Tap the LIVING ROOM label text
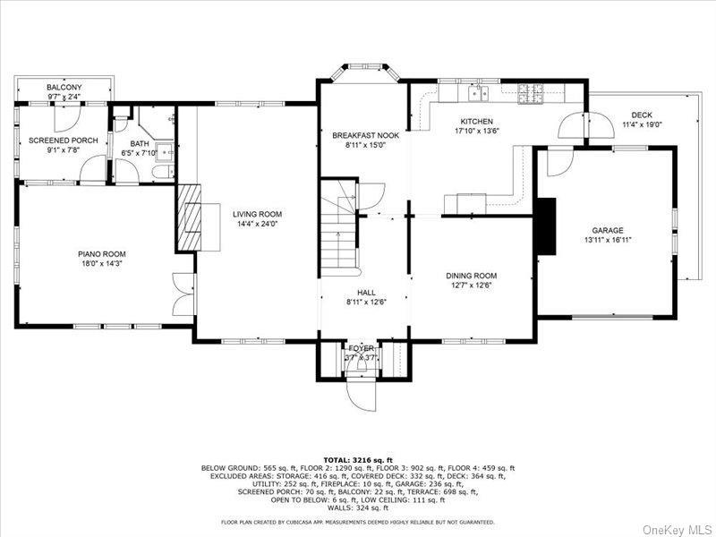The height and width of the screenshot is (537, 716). pos(258,214)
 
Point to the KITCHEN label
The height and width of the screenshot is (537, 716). pos(476,121)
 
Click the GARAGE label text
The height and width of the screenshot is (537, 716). pos(607,230)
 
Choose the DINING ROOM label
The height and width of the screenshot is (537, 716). pos(471,276)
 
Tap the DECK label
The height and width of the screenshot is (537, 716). pos(641,115)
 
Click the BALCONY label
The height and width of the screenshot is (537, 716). pos(64,87)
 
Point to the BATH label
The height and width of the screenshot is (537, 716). pos(140,143)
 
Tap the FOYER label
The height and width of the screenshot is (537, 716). pos(362,348)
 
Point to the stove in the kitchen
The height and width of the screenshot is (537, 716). pos(529,90)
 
